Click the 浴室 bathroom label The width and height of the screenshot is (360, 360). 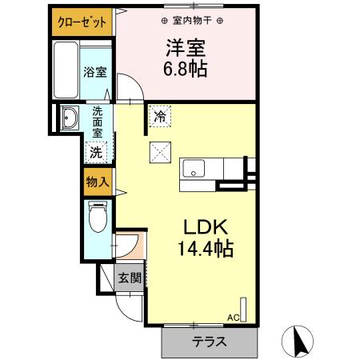(x=95, y=72)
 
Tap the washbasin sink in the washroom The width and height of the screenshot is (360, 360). (x=66, y=118)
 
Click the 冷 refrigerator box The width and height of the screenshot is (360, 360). (x=159, y=117)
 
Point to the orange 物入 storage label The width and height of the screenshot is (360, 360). (x=97, y=182)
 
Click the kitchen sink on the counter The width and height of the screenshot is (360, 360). (x=194, y=170)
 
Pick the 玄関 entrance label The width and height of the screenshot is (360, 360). (x=130, y=278)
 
